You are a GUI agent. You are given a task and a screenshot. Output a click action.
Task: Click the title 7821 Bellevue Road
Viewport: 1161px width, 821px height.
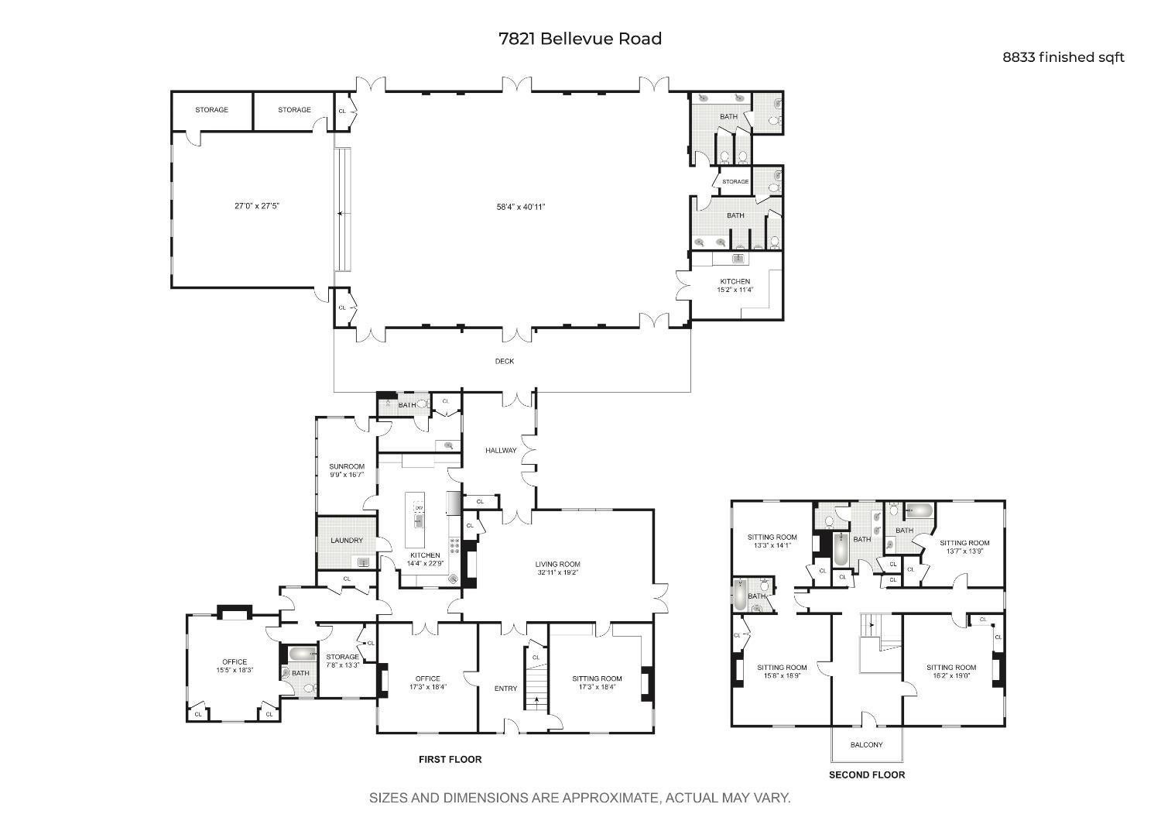580,39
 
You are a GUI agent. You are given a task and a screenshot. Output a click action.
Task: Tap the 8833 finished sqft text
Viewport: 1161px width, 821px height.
1063,57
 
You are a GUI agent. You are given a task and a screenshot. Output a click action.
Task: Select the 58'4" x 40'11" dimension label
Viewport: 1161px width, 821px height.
521,207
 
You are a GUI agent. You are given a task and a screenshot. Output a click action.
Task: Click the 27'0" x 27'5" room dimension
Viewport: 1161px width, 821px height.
256,206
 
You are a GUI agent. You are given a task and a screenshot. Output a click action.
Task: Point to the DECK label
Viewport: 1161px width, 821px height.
504,361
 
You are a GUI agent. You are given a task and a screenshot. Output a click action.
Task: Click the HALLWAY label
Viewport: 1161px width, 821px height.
500,451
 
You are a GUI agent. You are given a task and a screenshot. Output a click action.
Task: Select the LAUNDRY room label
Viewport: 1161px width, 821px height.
346,541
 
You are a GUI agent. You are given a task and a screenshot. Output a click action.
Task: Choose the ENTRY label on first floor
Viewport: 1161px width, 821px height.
505,689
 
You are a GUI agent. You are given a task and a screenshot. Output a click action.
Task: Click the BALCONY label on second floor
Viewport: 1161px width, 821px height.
866,745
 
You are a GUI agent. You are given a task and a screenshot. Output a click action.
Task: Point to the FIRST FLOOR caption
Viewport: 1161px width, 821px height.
450,760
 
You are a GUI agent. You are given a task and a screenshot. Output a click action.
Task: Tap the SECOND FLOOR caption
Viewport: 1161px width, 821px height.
866,775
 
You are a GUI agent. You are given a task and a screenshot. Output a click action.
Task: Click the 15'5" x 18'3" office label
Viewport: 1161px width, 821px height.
235,666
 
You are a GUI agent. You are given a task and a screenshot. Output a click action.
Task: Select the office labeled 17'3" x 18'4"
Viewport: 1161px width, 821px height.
427,682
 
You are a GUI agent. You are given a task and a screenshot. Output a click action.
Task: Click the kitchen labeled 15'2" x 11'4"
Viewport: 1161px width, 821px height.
735,286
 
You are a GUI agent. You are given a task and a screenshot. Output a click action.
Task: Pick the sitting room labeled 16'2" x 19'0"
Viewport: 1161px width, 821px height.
950,671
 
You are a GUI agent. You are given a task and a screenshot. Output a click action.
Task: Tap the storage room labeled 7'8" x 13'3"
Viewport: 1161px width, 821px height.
341,661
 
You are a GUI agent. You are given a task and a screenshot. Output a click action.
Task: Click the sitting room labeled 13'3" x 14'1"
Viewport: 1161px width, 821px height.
772,541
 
